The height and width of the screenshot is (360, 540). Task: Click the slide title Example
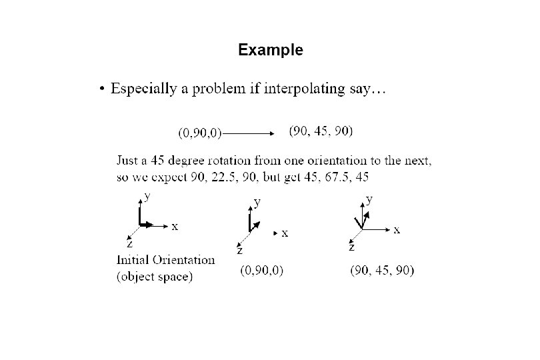click(270, 50)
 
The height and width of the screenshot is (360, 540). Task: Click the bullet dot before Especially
click(101, 89)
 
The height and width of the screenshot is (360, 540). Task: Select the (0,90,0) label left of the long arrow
click(199, 133)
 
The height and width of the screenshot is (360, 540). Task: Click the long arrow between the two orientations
click(249, 133)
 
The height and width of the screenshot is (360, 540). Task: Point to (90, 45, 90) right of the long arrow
click(321, 131)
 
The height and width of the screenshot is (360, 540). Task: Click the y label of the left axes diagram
click(147, 196)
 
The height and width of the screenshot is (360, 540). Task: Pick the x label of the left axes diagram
click(175, 227)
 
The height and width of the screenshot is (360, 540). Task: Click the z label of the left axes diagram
click(130, 244)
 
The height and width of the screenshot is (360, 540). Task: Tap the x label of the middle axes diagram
click(285, 233)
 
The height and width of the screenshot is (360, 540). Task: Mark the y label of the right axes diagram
click(369, 199)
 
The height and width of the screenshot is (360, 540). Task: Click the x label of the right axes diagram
click(396, 230)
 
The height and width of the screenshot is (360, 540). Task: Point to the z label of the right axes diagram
click(351, 247)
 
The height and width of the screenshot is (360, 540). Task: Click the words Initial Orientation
click(166, 260)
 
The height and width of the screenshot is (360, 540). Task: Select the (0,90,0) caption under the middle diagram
click(261, 271)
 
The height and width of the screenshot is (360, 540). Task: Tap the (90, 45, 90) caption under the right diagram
click(382, 271)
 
